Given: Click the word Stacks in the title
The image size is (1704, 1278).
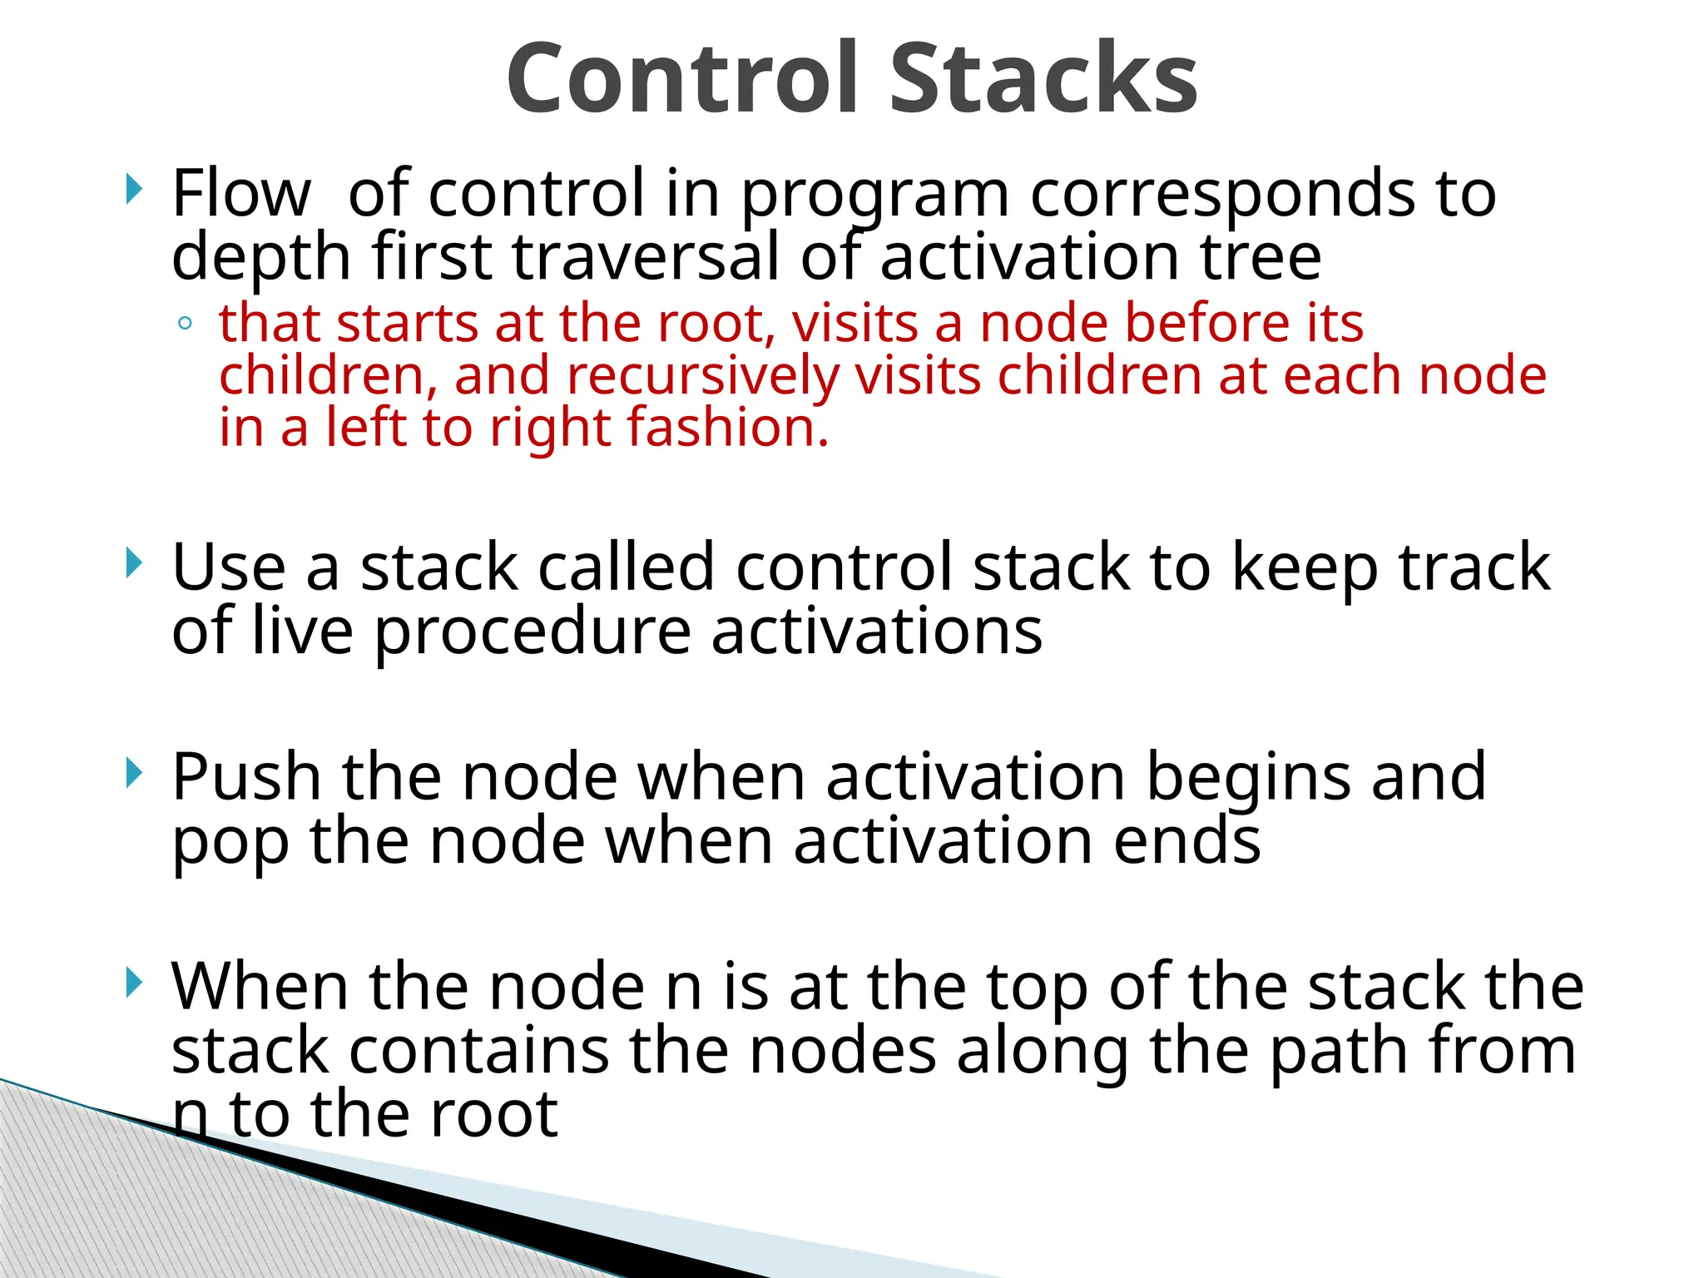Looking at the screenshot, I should point(1043,79).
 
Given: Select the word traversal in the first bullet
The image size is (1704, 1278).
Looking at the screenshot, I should point(646,257).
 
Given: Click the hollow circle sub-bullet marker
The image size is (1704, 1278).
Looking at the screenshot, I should point(185,324).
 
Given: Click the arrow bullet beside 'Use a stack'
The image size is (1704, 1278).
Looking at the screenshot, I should point(133,563).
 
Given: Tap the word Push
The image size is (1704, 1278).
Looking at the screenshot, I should point(246,777).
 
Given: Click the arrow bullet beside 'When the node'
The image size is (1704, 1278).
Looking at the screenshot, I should point(133,983).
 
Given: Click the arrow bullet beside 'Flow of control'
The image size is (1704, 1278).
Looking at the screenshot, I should point(133,189).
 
